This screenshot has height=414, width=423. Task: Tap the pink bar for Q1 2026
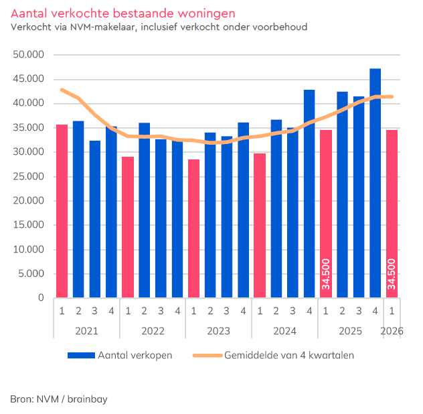(392, 214)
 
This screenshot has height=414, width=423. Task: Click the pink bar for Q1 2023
(193, 228)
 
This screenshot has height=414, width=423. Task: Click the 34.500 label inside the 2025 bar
(326, 274)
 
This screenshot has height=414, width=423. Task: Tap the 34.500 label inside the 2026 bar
(392, 274)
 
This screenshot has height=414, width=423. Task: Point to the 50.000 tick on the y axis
(29, 55)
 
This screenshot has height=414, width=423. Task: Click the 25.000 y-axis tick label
(29, 176)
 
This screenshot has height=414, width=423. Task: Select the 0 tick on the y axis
(41, 297)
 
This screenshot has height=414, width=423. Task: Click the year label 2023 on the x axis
(218, 330)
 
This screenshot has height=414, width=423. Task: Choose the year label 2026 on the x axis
(392, 330)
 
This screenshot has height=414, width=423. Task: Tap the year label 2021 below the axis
(86, 330)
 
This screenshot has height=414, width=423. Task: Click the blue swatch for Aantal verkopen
(81, 355)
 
